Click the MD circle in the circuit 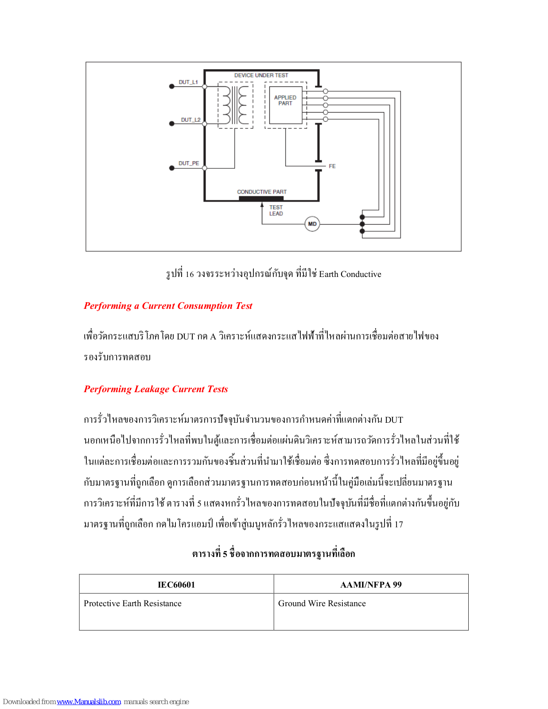(312, 224)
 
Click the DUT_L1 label (188, 82)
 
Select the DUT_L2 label (190, 120)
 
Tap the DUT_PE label (189, 163)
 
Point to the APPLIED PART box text (285, 100)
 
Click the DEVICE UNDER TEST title (261, 75)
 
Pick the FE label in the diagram (332, 166)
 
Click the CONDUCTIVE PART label (262, 192)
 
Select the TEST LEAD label (276, 210)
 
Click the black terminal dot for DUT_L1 (172, 86)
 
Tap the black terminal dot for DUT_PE (172, 168)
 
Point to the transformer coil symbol (235, 105)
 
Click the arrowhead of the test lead (262, 205)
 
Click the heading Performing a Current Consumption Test (168, 306)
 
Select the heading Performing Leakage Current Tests (156, 389)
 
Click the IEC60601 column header (176, 584)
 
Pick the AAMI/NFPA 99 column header (371, 584)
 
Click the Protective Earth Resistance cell (132, 604)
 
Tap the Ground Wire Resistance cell (322, 604)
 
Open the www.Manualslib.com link (89, 701)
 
